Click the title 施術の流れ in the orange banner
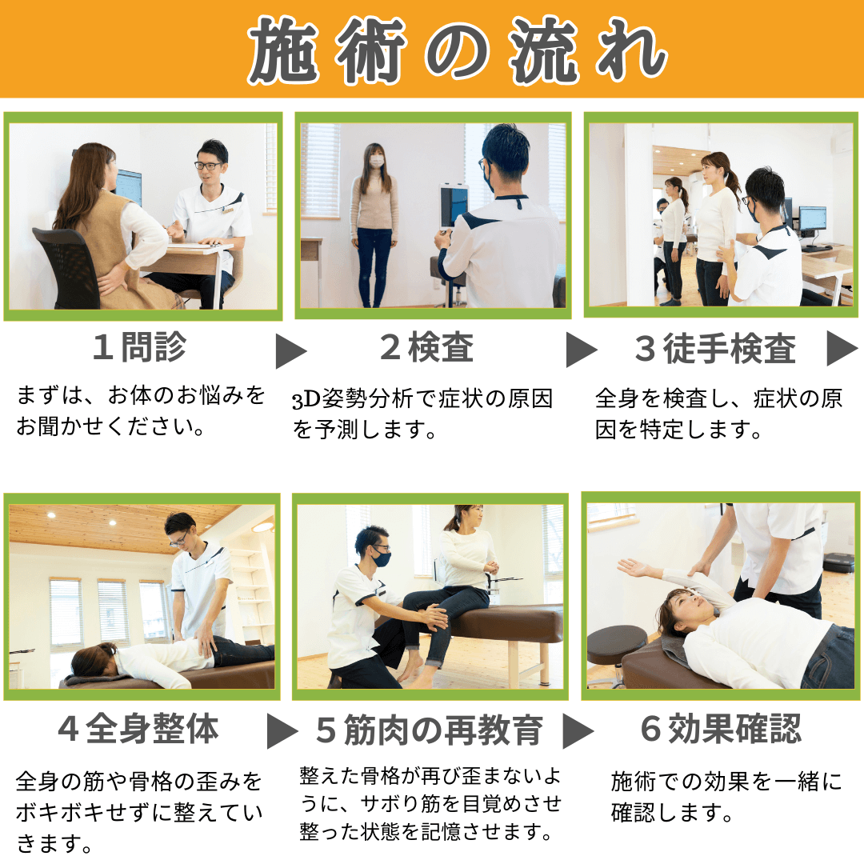(x=457, y=50)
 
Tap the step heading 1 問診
(x=139, y=347)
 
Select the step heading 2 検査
(x=427, y=347)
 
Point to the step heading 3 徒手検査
(x=715, y=348)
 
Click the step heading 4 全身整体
(x=138, y=729)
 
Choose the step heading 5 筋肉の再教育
(x=430, y=730)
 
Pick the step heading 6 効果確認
(x=721, y=729)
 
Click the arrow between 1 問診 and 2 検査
(x=291, y=351)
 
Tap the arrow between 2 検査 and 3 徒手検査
(x=582, y=350)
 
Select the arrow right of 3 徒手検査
(x=842, y=348)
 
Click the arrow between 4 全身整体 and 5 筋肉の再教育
(x=282, y=730)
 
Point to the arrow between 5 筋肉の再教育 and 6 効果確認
(x=578, y=730)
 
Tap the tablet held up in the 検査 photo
(x=454, y=206)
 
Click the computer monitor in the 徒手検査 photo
(x=812, y=219)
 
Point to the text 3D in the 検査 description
(x=306, y=400)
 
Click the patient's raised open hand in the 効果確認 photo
(x=634, y=567)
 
